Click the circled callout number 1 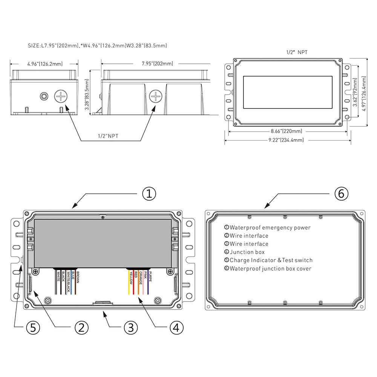click(149, 194)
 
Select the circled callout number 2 click(81, 328)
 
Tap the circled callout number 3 click(130, 328)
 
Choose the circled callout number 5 click(33, 328)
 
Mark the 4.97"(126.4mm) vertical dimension click(364, 93)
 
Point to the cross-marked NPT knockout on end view click(60, 97)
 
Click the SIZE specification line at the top click(97, 46)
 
